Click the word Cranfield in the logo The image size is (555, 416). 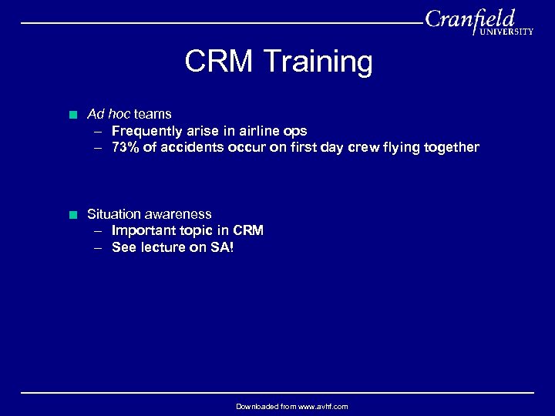(469, 18)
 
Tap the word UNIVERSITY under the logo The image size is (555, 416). (506, 32)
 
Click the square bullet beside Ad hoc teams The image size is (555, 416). (72, 115)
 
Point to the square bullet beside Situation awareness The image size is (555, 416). (72, 215)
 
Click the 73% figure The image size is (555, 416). (126, 147)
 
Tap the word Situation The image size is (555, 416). (115, 214)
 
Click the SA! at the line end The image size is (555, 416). (221, 247)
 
